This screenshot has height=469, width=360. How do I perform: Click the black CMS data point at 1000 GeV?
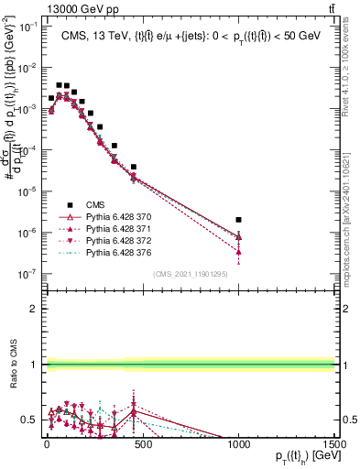238,220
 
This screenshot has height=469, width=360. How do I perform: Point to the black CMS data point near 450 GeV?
134,168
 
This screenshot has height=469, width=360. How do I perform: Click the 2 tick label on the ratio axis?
33,309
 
